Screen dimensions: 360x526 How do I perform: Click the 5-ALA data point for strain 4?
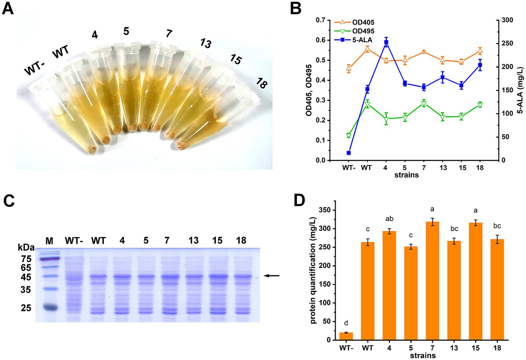point(386,42)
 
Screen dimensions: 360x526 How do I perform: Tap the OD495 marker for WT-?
point(349,135)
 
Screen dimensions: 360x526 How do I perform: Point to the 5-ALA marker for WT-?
point(349,153)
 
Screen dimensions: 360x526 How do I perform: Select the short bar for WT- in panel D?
point(346,336)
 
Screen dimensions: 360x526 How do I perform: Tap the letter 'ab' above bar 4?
point(389,219)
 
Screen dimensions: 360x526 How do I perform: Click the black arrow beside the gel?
point(271,276)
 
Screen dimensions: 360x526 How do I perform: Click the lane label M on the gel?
point(49,241)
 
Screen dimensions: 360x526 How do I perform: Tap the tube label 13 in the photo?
point(205,43)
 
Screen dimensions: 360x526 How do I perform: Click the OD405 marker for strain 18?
point(480,51)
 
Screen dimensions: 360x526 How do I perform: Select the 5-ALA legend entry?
point(362,40)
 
